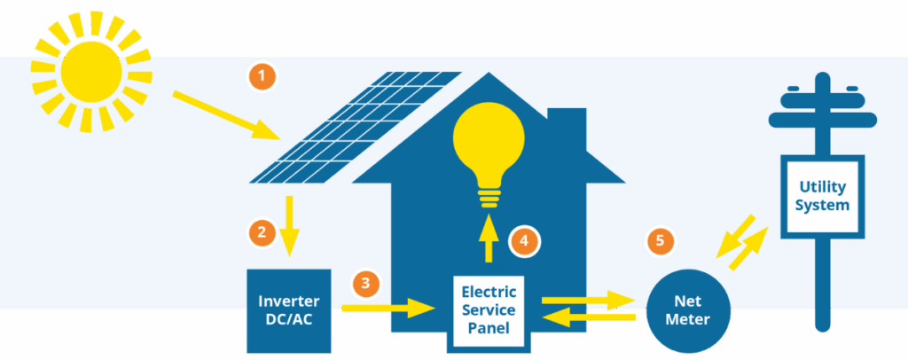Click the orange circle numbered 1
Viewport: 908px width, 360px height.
click(262, 77)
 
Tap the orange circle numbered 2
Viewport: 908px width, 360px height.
click(262, 233)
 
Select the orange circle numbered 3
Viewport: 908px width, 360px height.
click(365, 284)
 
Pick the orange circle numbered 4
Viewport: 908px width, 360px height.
click(524, 239)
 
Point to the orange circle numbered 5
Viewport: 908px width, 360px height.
click(660, 240)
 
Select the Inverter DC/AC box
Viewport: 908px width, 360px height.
click(288, 309)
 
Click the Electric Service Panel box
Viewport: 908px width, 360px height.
click(489, 309)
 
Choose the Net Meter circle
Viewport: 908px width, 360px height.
click(689, 310)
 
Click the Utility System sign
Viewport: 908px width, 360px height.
click(822, 196)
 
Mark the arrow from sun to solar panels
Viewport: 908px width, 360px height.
click(226, 114)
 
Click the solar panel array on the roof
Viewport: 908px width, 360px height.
click(356, 125)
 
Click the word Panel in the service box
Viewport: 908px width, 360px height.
click(489, 328)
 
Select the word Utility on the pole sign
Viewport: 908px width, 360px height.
click(822, 186)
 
